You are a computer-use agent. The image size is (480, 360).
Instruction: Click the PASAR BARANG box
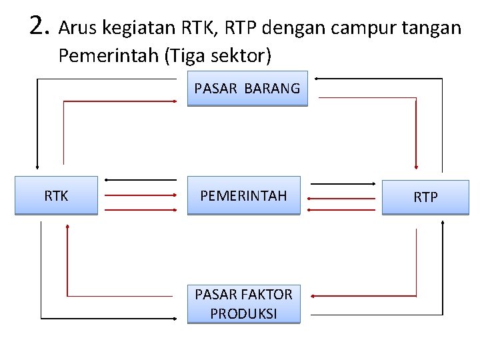[x=247, y=89]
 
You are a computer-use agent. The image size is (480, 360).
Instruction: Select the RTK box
[x=56, y=195]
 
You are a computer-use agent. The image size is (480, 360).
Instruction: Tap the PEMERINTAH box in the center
[x=243, y=195]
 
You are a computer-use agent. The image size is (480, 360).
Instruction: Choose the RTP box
[x=425, y=197]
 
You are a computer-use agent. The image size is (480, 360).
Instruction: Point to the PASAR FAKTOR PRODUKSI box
[x=243, y=304]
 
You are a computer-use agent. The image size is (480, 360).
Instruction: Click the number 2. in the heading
[x=40, y=27]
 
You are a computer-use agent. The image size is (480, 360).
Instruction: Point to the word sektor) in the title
[x=242, y=56]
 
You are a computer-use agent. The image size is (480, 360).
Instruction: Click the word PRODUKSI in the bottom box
[x=243, y=313]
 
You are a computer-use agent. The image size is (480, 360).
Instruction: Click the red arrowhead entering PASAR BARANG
[x=174, y=101]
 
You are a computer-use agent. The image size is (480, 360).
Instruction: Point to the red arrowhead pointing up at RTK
[x=67, y=227]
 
